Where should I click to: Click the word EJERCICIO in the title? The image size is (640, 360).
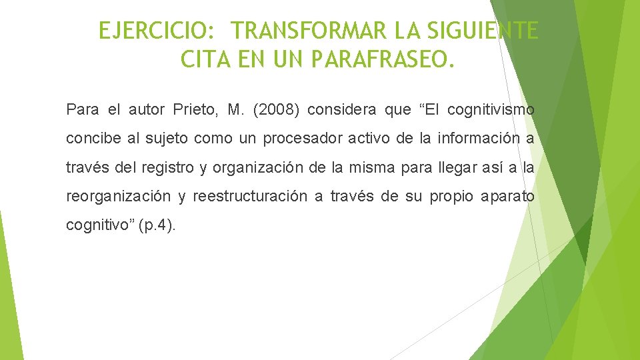click(153, 31)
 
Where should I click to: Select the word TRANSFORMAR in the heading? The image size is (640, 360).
click(310, 31)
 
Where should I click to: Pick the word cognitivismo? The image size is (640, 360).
click(491, 109)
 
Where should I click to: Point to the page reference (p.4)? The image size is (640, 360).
click(157, 225)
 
